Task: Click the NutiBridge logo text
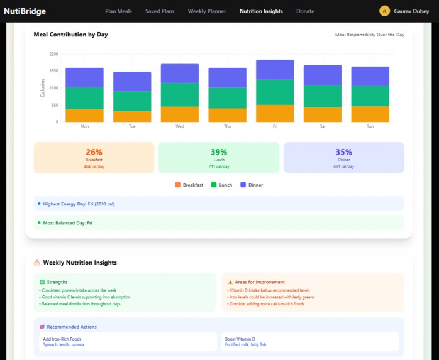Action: [25, 11]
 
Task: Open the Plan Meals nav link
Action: [118, 11]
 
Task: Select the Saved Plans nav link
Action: [160, 11]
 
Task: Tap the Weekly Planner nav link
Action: [207, 11]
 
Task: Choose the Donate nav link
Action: [305, 11]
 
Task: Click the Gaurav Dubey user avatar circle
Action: [384, 11]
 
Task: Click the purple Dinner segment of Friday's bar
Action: [275, 70]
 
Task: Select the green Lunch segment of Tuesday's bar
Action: [132, 101]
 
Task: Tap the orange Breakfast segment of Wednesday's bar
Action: [180, 114]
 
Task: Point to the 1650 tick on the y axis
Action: [53, 71]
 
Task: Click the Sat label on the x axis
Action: [323, 126]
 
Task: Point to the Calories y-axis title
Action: [43, 87]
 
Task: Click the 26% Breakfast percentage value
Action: [94, 152]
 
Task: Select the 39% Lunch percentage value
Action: [218, 152]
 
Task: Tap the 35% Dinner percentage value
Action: [343, 152]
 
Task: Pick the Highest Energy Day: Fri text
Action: [79, 204]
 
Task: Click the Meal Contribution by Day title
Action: [70, 35]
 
